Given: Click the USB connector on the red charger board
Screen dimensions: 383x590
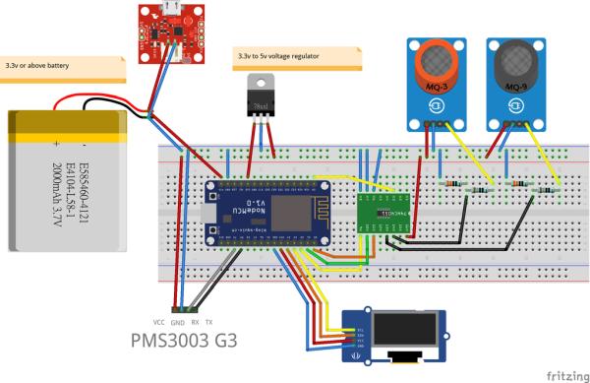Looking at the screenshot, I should (165, 9).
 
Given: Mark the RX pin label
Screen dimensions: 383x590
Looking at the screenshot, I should (195, 323).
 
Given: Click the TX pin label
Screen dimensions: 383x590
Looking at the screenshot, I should (208, 323).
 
